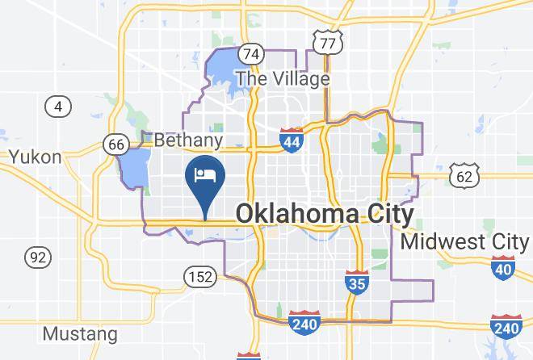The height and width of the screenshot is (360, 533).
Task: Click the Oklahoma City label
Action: tap(324, 214)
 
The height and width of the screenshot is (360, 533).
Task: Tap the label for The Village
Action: tap(282, 78)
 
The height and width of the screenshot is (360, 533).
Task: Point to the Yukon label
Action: tap(35, 157)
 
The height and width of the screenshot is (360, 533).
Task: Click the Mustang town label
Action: tap(79, 333)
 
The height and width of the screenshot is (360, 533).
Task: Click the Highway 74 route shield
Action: tap(252, 54)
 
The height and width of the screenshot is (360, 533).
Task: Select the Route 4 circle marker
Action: tap(57, 106)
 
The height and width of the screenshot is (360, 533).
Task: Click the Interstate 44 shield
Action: tap(292, 140)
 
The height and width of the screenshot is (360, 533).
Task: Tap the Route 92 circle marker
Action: tap(37, 257)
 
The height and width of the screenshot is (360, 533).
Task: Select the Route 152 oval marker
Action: tap(199, 277)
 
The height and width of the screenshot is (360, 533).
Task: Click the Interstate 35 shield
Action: tap(356, 282)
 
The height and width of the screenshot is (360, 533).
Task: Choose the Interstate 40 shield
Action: tap(502, 268)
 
